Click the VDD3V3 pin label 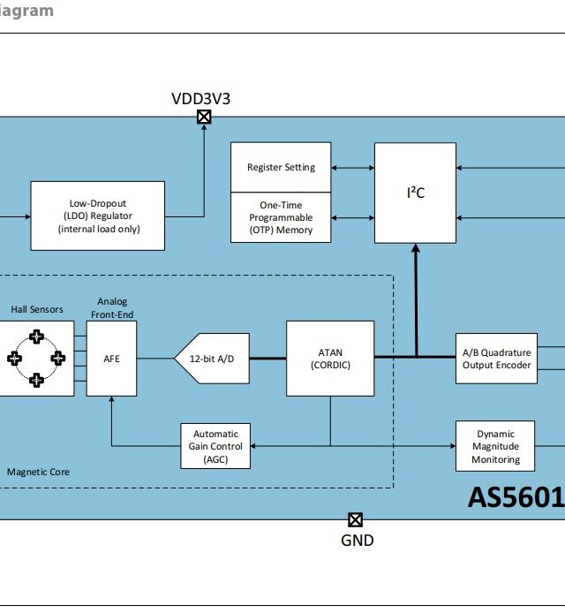pos(201,98)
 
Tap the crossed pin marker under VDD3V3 pos(204,117)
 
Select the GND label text pos(357,540)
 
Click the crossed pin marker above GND pos(355,520)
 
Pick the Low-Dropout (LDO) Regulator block pos(98,216)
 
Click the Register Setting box pos(281,167)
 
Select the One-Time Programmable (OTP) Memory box pos(281,217)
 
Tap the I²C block pos(416,193)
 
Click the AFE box pos(111,359)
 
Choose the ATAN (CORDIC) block pos(330,359)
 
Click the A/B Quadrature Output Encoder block pos(496,359)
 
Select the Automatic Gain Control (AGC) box pos(215,446)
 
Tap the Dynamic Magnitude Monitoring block pos(495,446)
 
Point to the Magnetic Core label pos(38,472)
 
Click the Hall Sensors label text pos(37,309)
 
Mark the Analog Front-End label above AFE pos(112,308)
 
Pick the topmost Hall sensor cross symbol pos(36,337)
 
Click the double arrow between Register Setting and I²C pos(353,167)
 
